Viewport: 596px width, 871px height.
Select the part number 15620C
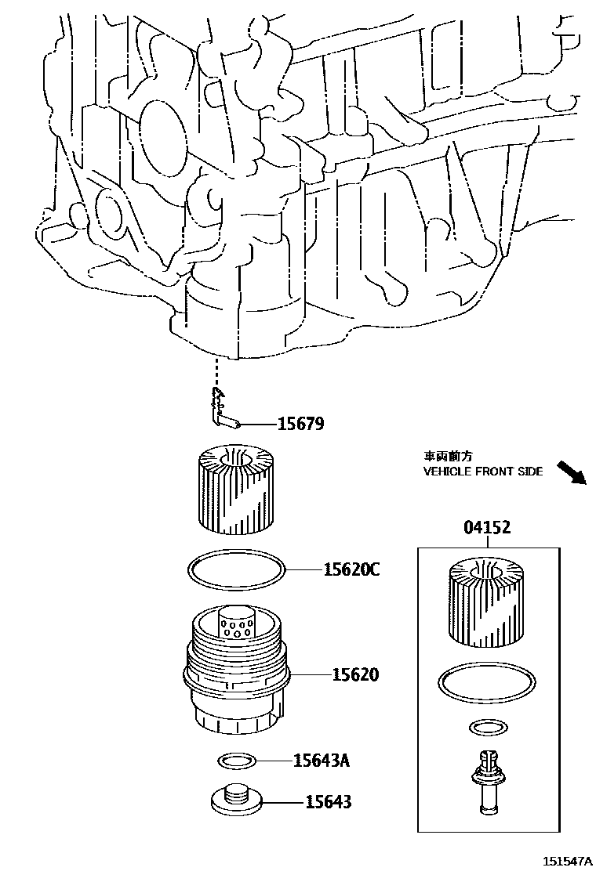351,569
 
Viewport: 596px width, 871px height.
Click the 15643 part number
328,801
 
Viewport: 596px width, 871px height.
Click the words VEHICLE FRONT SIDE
483,472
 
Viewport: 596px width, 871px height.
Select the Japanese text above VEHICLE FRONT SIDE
449,455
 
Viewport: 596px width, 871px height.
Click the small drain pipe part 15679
223,411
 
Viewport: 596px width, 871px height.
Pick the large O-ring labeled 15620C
234,569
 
